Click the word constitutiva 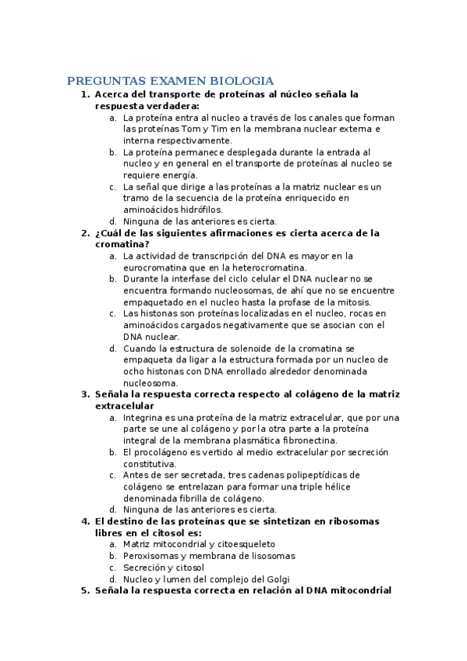pos(150,464)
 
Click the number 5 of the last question pos(84,591)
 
